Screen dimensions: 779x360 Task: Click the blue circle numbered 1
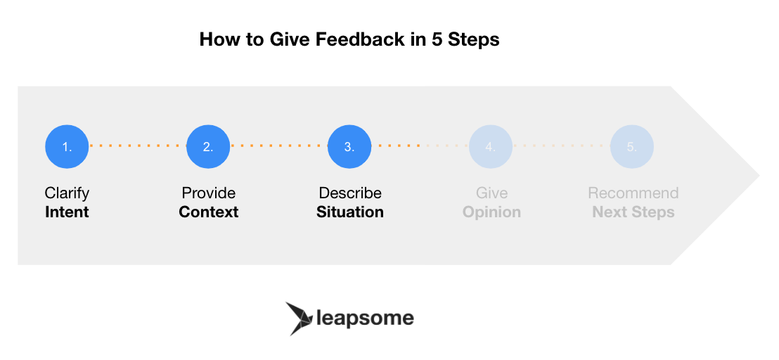coord(67,146)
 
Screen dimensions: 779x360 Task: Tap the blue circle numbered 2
coord(208,146)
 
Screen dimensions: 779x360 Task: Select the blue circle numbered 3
coord(349,146)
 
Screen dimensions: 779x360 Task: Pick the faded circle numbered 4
coord(491,146)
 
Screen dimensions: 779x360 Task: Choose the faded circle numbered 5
coord(632,146)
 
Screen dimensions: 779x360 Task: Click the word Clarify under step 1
coord(67,193)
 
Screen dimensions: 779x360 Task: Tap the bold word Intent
coord(67,212)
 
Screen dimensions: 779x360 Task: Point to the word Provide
coord(209,193)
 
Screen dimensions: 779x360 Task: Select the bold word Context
coord(209,212)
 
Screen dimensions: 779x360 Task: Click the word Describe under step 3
coord(350,193)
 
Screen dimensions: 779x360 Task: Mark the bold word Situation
coord(350,212)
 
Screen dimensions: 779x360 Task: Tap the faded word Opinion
coord(492,212)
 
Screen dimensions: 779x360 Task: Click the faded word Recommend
coord(633,193)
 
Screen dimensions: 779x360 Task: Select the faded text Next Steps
coord(633,212)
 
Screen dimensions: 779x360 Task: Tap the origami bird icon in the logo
coord(299,319)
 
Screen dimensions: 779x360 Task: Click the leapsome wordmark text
coord(365,318)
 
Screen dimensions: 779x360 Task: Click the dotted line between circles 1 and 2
coord(138,146)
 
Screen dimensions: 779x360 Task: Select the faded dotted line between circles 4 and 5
coord(561,146)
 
